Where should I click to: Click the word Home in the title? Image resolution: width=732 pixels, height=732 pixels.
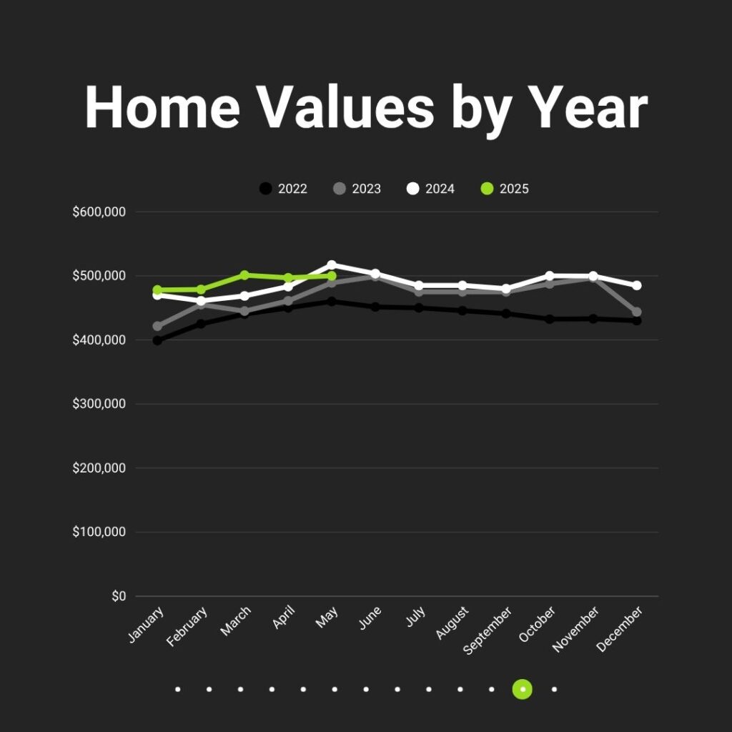[162, 107]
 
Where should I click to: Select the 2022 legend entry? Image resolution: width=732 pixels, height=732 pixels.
[283, 189]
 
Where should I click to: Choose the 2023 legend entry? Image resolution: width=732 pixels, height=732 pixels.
[357, 189]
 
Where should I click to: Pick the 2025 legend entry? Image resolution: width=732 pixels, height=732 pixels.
[505, 189]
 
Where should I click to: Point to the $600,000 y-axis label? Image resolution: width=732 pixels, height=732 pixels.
[99, 212]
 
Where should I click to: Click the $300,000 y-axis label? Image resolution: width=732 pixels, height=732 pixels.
[99, 404]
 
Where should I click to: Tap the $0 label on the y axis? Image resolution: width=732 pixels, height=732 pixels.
[119, 596]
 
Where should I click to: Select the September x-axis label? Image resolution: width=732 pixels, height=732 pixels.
[488, 630]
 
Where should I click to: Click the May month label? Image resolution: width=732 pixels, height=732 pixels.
[327, 618]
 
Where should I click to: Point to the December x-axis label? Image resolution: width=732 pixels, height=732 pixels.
[620, 629]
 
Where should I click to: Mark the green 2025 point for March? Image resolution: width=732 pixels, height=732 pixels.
[244, 275]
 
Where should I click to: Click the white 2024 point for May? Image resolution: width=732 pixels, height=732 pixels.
[332, 264]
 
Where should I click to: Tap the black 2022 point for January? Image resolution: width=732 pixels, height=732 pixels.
[157, 340]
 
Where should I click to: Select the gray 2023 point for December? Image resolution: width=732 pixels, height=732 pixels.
[637, 312]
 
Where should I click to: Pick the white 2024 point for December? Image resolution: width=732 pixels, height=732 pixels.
[637, 285]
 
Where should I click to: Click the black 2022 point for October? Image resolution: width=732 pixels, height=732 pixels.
[550, 320]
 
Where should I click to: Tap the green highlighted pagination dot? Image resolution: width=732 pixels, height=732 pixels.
[523, 689]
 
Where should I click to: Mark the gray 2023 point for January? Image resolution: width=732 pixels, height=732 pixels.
[157, 326]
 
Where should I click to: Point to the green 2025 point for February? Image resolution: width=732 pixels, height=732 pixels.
[201, 290]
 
